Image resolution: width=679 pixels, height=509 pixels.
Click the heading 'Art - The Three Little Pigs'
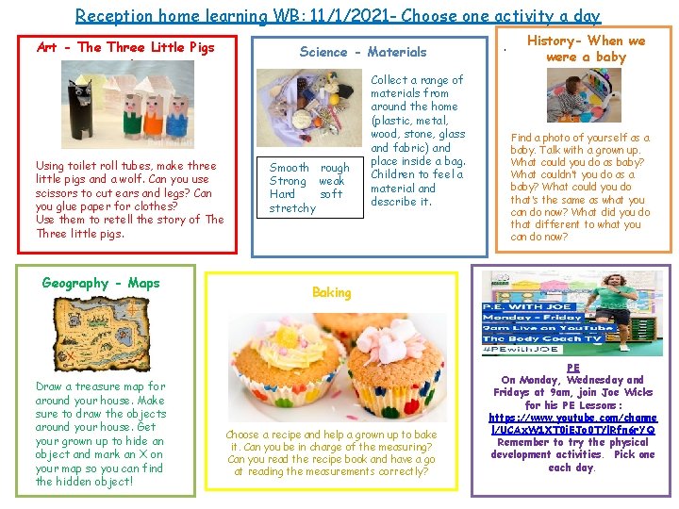(x=125, y=47)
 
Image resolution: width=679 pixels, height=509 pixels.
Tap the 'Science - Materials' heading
(x=362, y=52)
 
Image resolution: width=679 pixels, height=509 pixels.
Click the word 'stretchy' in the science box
(x=292, y=207)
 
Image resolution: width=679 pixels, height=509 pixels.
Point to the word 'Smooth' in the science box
(x=290, y=168)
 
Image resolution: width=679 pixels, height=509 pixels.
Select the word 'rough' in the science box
(x=334, y=168)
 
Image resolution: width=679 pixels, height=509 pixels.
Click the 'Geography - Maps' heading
(x=101, y=283)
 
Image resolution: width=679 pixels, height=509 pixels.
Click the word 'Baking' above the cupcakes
(x=331, y=292)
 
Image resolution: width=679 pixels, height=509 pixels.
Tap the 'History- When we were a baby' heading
(x=586, y=48)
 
